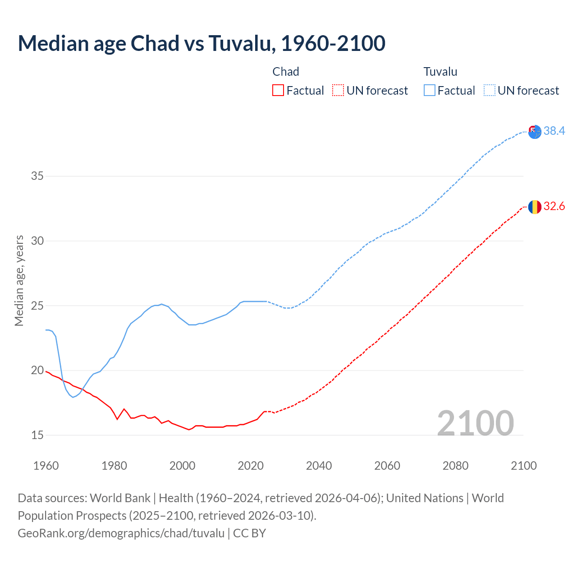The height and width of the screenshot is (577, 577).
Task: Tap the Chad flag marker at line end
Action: (x=535, y=206)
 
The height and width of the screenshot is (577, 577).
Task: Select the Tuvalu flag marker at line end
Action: (x=535, y=132)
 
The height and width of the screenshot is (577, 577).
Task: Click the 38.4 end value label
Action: (x=554, y=131)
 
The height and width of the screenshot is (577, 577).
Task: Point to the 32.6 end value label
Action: (x=554, y=206)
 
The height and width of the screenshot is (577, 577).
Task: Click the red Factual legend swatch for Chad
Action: (x=278, y=91)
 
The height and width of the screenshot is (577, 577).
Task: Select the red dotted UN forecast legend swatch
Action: (x=338, y=91)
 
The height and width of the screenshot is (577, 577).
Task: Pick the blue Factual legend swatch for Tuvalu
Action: (x=429, y=91)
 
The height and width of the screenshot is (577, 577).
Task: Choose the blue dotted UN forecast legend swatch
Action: (x=489, y=91)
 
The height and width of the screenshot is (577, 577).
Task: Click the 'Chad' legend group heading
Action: (x=286, y=72)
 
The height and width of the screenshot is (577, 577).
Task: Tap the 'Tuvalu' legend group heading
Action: (x=440, y=72)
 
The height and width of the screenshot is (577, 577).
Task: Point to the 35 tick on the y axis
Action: (x=37, y=176)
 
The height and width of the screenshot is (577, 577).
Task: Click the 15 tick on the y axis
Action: (x=37, y=435)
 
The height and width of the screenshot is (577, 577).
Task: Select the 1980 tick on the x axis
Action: (x=114, y=466)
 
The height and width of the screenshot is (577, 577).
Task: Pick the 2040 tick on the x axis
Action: (x=319, y=466)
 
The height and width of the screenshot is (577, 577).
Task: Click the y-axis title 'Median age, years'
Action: (x=19, y=280)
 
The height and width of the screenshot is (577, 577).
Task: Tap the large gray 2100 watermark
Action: (x=476, y=423)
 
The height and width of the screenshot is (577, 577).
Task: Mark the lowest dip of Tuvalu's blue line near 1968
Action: (x=73, y=397)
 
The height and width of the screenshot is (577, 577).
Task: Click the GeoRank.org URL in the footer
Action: (x=121, y=533)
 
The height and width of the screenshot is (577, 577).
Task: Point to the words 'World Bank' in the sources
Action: (x=120, y=498)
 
